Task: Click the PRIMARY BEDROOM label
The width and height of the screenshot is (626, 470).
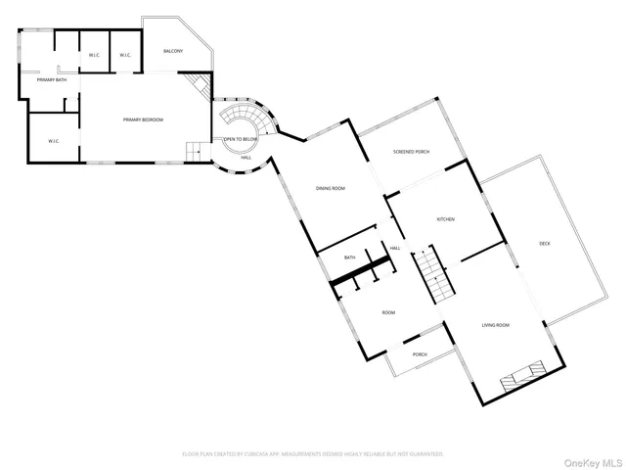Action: (x=142, y=119)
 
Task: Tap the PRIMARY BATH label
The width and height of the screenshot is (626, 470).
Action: (x=52, y=79)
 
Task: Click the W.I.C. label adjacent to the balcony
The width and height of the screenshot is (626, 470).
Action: (x=125, y=55)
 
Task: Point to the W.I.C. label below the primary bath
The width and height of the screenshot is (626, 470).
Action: (x=54, y=141)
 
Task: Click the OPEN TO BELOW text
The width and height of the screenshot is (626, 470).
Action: (x=241, y=140)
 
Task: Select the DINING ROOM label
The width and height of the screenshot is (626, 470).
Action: (x=330, y=188)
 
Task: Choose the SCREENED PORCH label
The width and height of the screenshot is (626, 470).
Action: (x=411, y=152)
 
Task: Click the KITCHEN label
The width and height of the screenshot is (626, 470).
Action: (x=445, y=219)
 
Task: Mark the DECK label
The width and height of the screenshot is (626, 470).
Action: (x=544, y=243)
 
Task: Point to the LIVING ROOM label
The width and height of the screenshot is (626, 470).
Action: (x=495, y=324)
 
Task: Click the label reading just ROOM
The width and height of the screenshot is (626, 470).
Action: (x=388, y=312)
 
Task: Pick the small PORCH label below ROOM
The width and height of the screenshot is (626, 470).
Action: (x=419, y=354)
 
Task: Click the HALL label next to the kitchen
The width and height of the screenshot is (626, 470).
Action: (x=395, y=249)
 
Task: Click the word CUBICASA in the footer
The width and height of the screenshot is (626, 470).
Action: (x=275, y=454)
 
